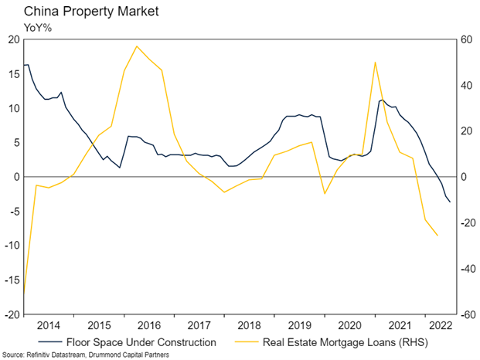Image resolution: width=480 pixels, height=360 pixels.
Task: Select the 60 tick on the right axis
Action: pos(468,39)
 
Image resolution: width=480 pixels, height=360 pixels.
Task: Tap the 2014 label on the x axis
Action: pos(49,325)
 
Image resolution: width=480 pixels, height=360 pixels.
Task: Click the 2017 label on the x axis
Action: pos(199,325)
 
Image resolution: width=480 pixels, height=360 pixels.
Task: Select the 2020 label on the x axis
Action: pos(350,325)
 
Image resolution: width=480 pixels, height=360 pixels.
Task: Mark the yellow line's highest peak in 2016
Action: pos(137,46)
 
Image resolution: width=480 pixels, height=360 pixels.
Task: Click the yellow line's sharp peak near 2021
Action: pos(375,63)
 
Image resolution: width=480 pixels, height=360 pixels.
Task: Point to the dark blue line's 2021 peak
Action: pos(382,100)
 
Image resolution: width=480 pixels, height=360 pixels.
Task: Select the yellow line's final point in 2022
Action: pos(437,236)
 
